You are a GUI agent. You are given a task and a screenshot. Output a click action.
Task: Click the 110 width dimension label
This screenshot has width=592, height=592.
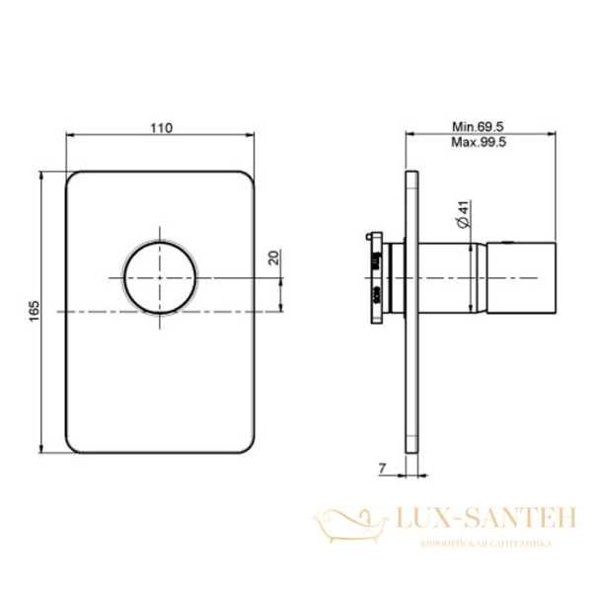(162, 128)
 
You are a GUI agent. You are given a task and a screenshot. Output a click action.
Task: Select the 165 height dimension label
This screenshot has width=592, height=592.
(35, 311)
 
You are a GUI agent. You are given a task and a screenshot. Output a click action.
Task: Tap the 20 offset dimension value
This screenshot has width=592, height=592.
(275, 258)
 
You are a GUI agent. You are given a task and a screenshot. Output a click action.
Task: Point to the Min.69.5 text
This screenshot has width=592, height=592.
(478, 126)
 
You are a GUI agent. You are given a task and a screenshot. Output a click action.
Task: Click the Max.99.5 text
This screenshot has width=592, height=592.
(479, 142)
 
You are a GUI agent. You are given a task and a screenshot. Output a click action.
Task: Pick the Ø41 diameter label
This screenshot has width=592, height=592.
(464, 214)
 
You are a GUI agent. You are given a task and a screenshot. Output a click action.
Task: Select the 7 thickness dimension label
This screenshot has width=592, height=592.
(382, 469)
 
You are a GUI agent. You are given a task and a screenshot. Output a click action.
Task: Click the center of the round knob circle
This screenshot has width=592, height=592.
(160, 278)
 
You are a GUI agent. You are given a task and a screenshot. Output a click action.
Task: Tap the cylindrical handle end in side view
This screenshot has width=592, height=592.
(521, 278)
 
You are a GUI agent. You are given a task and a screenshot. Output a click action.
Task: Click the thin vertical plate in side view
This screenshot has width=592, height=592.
(411, 312)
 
